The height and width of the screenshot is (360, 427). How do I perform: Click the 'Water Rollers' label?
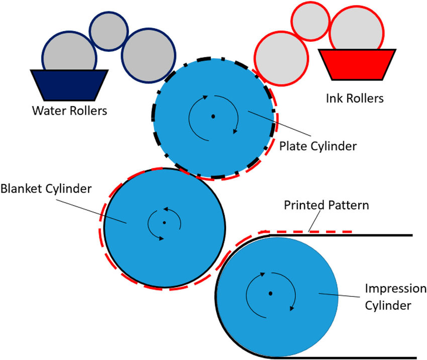coord(70,110)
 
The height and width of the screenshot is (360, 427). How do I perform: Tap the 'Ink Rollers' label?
coord(355,98)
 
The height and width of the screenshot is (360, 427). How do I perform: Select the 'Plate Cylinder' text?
coord(317,146)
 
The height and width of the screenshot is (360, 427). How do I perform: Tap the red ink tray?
coord(357,64)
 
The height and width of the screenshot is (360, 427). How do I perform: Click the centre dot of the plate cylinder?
coord(213,116)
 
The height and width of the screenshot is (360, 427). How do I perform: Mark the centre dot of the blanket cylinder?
coord(164,222)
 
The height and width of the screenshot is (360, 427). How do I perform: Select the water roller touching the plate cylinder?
coord(149,53)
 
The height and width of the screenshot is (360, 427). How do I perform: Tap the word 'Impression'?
coord(395,290)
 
